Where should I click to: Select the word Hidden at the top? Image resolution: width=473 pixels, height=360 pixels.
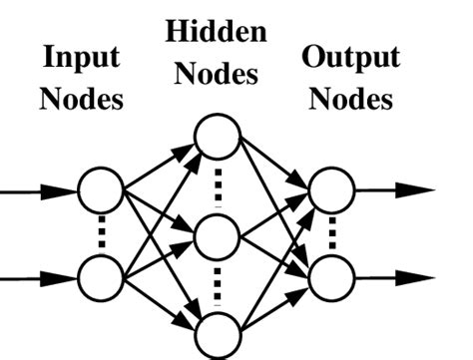pyautogui.click(x=217, y=32)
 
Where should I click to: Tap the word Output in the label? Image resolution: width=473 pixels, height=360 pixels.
pyautogui.click(x=350, y=58)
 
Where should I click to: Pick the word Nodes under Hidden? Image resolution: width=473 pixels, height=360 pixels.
pyautogui.click(x=217, y=75)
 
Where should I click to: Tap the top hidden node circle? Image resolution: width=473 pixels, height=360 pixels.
pyautogui.click(x=217, y=138)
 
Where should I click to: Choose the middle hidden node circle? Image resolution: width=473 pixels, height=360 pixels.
pyautogui.click(x=217, y=236)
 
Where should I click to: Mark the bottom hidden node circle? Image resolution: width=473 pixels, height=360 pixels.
pyautogui.click(x=217, y=335)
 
